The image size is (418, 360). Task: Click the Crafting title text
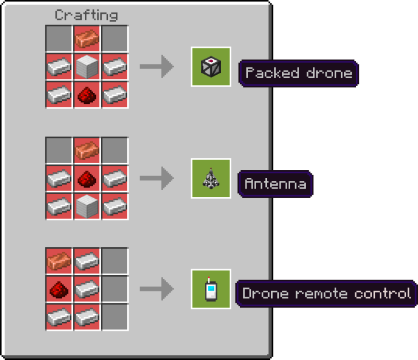coord(87,15)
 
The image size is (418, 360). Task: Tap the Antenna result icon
coord(211,178)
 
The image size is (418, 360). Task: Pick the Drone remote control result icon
coord(211,289)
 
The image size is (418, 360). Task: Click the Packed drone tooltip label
coord(298,73)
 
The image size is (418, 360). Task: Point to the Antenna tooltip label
coord(275,183)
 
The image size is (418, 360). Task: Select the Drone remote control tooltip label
coord(326,294)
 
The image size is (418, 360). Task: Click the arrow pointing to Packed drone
coord(156,67)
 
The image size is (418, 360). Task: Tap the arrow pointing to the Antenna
coord(156,178)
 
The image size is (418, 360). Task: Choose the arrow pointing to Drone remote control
coord(156,289)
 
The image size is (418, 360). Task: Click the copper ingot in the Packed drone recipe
coord(87,39)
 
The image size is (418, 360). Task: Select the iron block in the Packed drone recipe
coord(87,66)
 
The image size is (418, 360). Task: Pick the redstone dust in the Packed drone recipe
coord(87,94)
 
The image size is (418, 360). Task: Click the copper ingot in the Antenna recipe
coord(87,150)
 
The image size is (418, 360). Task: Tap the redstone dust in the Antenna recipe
coord(87,177)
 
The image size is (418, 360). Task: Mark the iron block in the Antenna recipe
coord(87,205)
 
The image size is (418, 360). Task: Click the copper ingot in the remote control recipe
coord(59,261)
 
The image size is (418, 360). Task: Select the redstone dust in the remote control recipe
coord(59,289)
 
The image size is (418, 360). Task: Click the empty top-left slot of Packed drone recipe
coord(59,39)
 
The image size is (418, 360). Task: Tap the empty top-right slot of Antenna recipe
coord(115,150)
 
